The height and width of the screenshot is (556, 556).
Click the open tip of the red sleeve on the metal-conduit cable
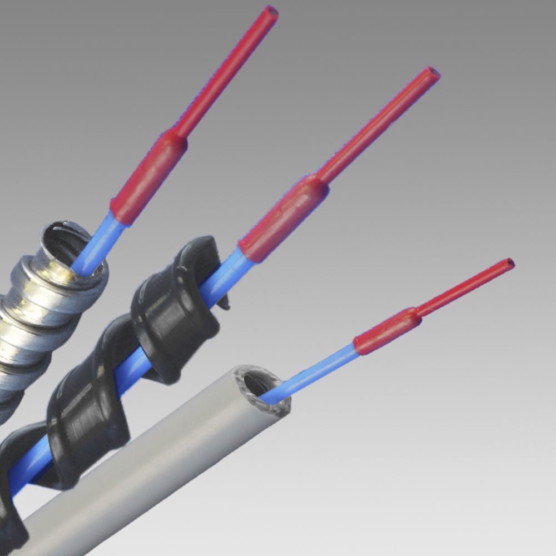271,11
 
